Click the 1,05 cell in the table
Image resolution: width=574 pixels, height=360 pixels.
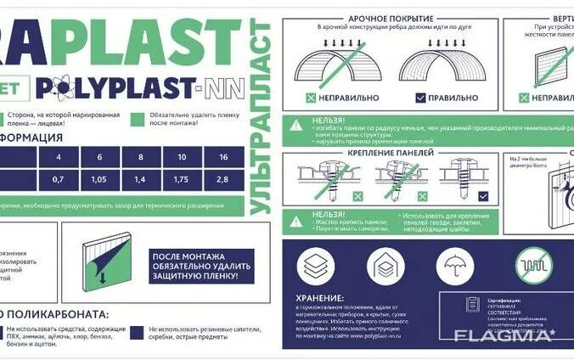99,180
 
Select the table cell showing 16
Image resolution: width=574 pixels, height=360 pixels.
222,158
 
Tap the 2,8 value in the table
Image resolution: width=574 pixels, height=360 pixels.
222,180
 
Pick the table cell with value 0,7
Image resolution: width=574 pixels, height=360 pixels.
59,180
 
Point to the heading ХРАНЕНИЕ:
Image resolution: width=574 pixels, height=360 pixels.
322,298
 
